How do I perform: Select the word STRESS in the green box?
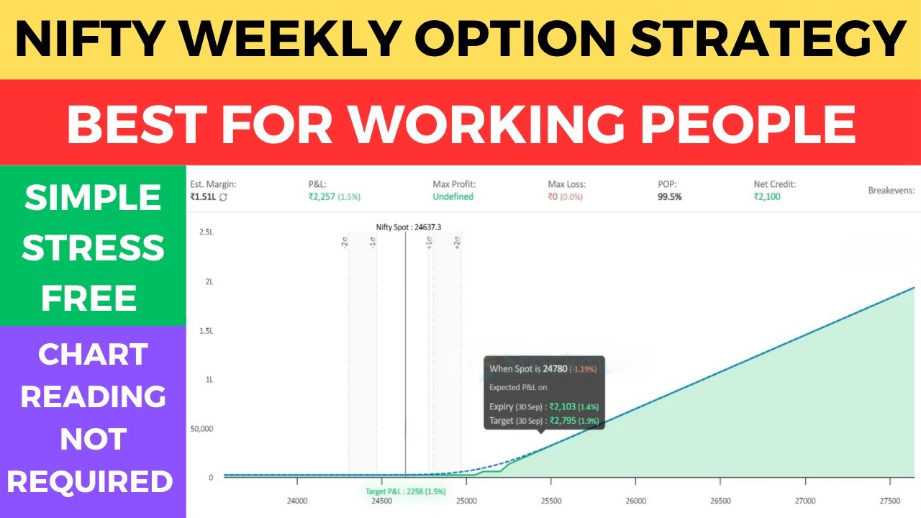[x=93, y=247]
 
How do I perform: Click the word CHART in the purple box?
[x=93, y=354]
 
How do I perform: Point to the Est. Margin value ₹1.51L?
[x=203, y=196]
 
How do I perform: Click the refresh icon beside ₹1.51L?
[x=223, y=197]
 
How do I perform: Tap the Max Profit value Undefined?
[x=453, y=196]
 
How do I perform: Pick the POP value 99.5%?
[x=669, y=196]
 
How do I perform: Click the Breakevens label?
[x=891, y=191]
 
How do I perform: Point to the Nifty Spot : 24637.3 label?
[x=409, y=227]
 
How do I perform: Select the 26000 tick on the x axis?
[x=635, y=501]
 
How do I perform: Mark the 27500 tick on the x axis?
[x=889, y=501]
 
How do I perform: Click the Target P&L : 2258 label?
[x=406, y=491]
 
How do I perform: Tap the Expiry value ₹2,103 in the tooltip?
[x=564, y=406]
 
